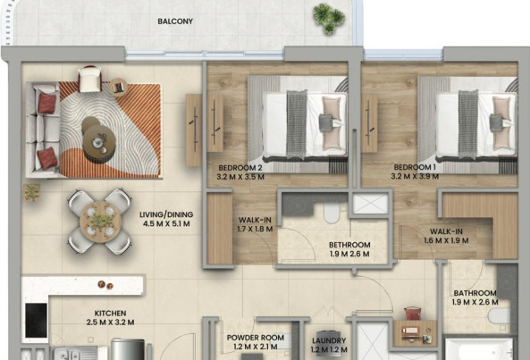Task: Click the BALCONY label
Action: click(175, 21)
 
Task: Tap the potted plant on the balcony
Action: click(329, 19)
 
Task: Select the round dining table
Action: click(100, 222)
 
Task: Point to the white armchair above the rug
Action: click(89, 79)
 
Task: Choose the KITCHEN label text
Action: click(110, 313)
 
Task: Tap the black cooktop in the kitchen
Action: click(36, 320)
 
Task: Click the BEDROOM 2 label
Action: click(240, 168)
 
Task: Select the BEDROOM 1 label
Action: click(415, 167)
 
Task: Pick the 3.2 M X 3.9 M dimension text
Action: click(415, 176)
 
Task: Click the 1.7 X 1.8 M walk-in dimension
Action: click(255, 229)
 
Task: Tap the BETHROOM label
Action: click(349, 245)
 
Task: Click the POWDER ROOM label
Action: click(256, 338)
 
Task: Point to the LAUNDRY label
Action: click(329, 340)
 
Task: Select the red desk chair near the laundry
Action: click(411, 314)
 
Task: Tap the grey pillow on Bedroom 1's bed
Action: click(497, 122)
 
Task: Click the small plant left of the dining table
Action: click(32, 192)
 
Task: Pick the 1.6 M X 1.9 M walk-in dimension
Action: click(446, 240)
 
